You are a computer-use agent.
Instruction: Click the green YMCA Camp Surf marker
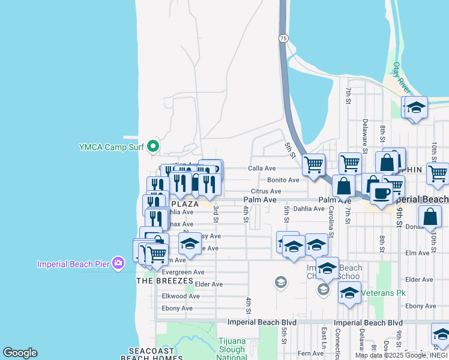153,146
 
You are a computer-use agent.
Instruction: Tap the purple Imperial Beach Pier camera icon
118,263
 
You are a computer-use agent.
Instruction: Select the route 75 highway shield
283,38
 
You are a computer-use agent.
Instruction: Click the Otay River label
400,77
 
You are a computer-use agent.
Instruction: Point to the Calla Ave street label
262,169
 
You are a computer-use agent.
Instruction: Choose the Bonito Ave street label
283,180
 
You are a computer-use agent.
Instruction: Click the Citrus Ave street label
266,191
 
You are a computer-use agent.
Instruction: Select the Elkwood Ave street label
181,296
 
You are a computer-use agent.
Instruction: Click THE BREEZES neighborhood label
165,281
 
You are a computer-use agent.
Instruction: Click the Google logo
20,353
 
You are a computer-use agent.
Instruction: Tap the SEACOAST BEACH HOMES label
148,354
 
